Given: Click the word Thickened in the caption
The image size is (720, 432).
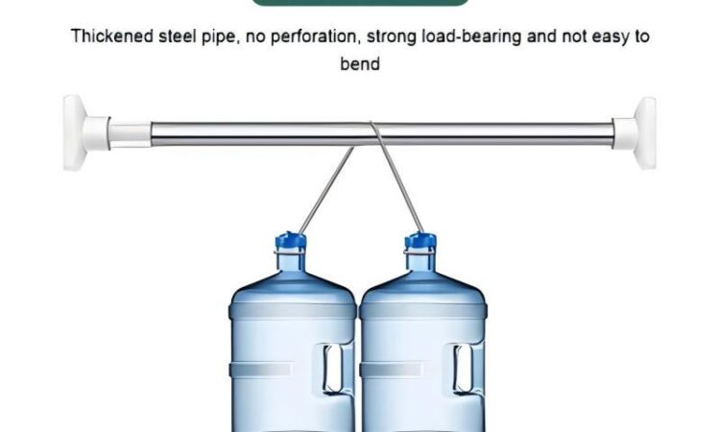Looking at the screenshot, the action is (x=111, y=36).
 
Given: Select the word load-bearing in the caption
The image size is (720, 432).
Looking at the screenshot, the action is (x=471, y=36).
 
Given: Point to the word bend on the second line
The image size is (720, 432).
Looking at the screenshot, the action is (x=360, y=63).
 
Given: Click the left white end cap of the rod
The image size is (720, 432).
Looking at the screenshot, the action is (x=86, y=132).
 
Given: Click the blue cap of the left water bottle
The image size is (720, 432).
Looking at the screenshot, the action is (x=290, y=242).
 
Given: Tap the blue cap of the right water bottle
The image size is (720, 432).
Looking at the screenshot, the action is (x=420, y=242).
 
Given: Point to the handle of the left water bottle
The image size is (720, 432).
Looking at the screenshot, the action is (x=334, y=369).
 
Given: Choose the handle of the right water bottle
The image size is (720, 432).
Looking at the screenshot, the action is (x=465, y=369).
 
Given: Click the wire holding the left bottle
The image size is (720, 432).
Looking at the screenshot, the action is (x=326, y=190).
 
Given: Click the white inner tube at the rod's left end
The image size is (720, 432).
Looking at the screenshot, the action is (x=130, y=135).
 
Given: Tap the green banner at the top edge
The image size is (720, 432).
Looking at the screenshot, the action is (x=360, y=2).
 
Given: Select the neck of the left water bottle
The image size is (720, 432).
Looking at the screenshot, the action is (x=290, y=262).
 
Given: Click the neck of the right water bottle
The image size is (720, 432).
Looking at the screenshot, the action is (x=420, y=262).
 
